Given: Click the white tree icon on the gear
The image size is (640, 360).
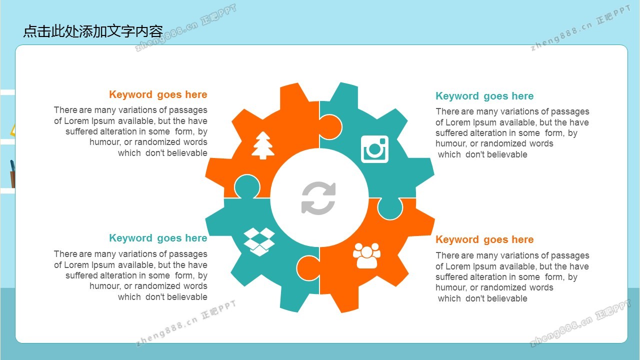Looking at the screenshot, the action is pyautogui.click(x=263, y=145).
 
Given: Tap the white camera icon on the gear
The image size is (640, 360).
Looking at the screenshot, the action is pyautogui.click(x=374, y=149).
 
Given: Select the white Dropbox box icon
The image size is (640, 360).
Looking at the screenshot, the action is pyautogui.click(x=259, y=241).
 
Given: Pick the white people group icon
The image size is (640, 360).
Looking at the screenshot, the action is pyautogui.click(x=366, y=255).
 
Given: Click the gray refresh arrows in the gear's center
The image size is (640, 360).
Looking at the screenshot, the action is pyautogui.click(x=318, y=198).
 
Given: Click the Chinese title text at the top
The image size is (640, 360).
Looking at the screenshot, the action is pyautogui.click(x=93, y=31).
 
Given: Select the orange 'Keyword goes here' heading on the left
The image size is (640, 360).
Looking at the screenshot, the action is pyautogui.click(x=158, y=94).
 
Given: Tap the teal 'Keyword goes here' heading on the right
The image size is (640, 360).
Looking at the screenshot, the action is pyautogui.click(x=484, y=96).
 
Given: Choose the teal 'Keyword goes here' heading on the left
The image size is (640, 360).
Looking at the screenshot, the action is pyautogui.click(x=158, y=238).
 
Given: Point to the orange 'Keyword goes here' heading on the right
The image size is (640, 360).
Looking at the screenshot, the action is pyautogui.click(x=484, y=239).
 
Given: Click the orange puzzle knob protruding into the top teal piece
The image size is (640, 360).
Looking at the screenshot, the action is pyautogui.click(x=330, y=127).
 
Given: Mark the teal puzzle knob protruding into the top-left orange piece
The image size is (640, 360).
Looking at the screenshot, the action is pyautogui.click(x=247, y=186).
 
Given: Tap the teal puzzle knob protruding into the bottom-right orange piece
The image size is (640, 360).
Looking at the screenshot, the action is pyautogui.click(x=390, y=208).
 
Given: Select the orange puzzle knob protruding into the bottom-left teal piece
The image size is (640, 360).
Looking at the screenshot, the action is pyautogui.click(x=308, y=268).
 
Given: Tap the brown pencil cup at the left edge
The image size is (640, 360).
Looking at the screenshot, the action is pyautogui.click(x=12, y=179).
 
